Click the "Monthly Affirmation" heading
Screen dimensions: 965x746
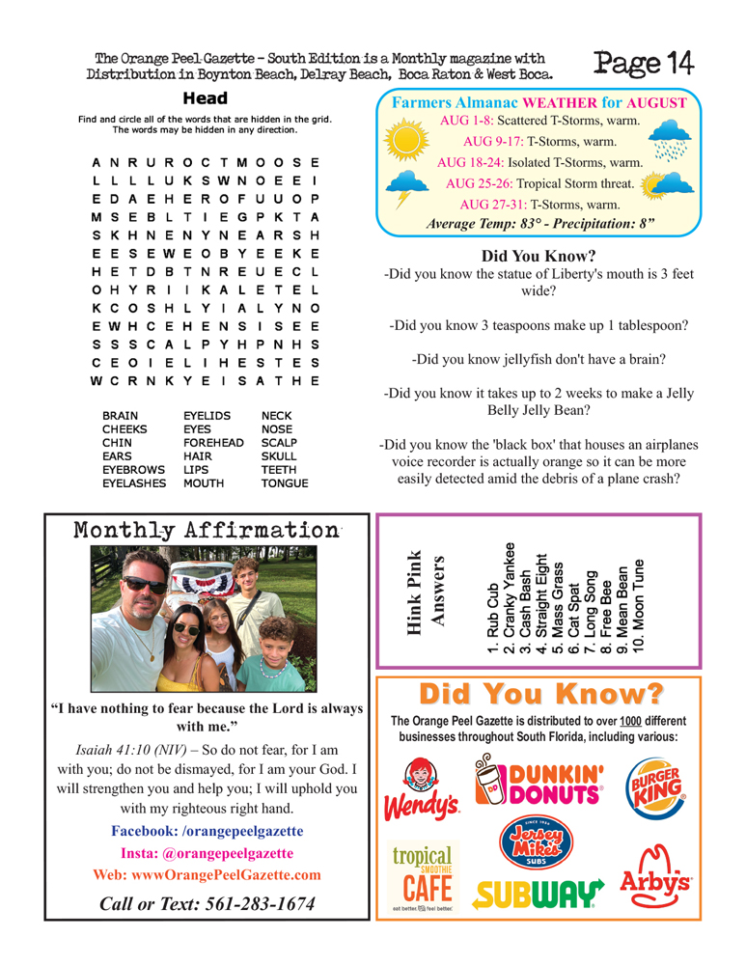pos(203,531)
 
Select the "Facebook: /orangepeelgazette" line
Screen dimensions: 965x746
pos(207,830)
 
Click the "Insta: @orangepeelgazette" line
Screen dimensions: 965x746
pos(207,852)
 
